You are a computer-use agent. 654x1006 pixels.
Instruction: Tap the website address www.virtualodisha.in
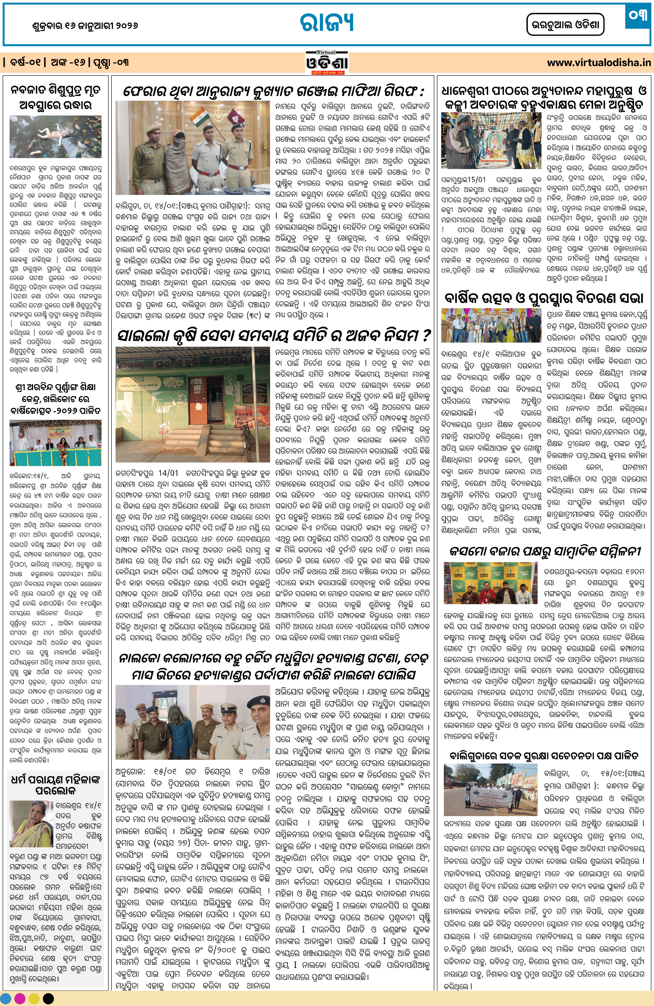pos(599,63)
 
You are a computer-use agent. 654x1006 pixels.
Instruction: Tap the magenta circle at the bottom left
pos(20,998)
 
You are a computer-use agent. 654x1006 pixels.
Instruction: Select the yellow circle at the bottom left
pos(34,998)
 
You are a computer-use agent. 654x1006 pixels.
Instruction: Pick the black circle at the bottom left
pos(48,998)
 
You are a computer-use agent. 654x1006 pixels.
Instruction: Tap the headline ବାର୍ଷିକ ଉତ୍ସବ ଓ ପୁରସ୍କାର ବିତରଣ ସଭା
pos(544,298)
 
